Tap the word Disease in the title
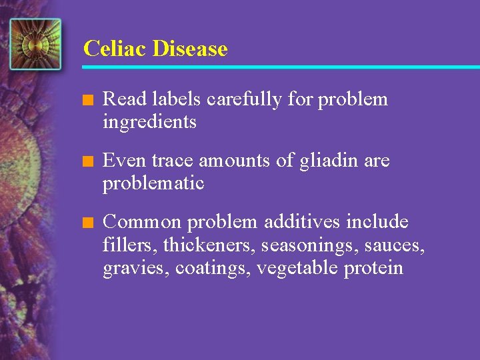(x=190, y=49)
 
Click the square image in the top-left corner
(x=35, y=44)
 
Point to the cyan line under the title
(x=280, y=67)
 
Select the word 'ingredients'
(x=149, y=123)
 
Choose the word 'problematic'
(x=153, y=183)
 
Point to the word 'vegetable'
(x=297, y=268)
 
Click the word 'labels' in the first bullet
(x=178, y=100)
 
